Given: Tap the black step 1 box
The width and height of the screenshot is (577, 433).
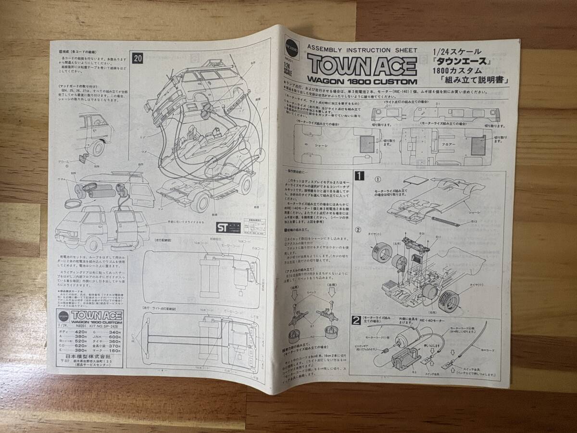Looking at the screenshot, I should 358,176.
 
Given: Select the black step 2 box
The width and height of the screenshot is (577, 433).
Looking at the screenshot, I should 358,319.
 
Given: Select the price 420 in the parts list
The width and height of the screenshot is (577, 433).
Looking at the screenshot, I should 81,332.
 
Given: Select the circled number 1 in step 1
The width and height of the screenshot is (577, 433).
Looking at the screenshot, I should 378,180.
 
